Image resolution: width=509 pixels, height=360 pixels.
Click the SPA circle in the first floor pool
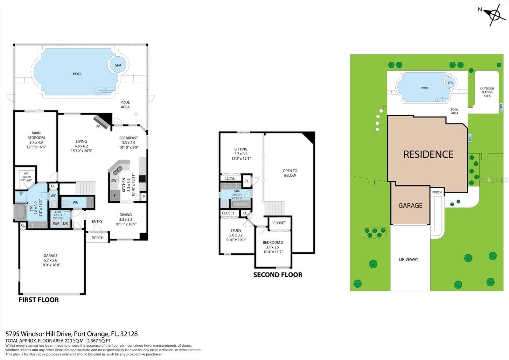[118, 65]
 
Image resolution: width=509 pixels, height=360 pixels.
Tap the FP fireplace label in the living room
[98, 127]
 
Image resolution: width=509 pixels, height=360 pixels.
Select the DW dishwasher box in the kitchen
[114, 180]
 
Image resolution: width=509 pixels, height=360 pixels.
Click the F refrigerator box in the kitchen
[115, 195]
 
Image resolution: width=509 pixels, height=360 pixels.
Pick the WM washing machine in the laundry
[56, 223]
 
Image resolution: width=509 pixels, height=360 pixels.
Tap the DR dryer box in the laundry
[66, 223]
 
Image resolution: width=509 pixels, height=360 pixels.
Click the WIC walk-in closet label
[26, 173]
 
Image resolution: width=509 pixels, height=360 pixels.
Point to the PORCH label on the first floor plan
[97, 238]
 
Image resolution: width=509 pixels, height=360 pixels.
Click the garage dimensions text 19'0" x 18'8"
[51, 265]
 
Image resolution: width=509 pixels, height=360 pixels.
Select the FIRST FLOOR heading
[39, 300]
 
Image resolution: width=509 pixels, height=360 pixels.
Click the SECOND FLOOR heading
[278, 275]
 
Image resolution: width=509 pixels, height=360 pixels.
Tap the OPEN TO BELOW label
[290, 173]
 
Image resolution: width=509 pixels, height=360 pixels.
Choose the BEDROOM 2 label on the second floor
[273, 242]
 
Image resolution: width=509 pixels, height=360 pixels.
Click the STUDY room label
[236, 230]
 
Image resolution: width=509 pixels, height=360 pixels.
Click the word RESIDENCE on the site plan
[428, 154]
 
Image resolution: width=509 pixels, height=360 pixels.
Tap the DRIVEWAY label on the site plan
[408, 259]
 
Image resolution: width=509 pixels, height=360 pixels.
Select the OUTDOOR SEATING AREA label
[487, 92]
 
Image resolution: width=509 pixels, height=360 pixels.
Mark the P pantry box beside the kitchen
[143, 197]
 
